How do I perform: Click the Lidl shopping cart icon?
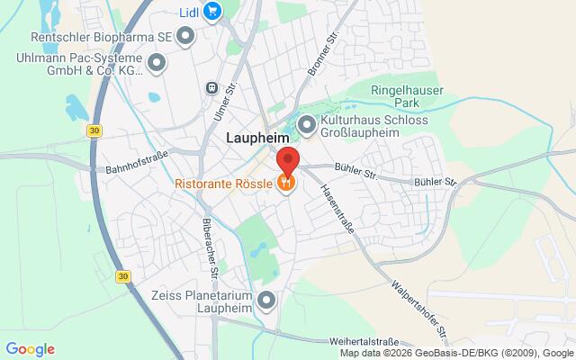click(212, 12)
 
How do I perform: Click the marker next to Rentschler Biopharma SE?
click(186, 36)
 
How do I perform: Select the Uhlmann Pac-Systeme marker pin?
click(157, 63)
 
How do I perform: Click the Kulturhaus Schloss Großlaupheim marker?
click(307, 126)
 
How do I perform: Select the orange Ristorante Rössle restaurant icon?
click(286, 182)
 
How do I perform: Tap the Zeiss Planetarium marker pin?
click(265, 301)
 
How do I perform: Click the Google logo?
click(30, 349)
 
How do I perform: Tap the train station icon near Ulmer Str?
click(211, 88)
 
